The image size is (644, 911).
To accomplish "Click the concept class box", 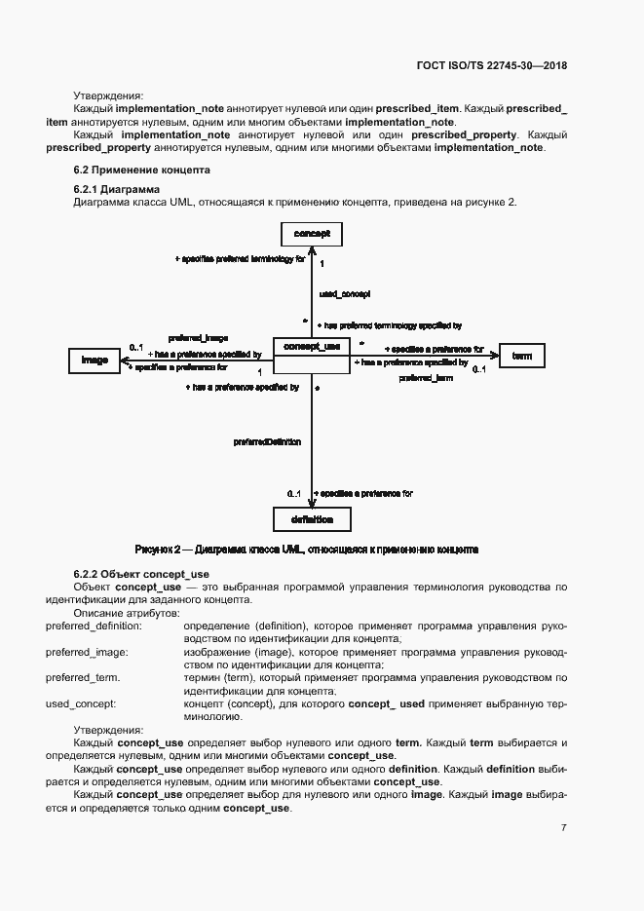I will coord(312,234).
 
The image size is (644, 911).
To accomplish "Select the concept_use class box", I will coord(312,357).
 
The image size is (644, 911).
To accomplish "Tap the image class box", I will coord(95,361).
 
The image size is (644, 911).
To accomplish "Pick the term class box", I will coord(521,357).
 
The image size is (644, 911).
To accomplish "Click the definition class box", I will coord(312,519).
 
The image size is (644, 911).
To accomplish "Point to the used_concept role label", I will coord(344,292).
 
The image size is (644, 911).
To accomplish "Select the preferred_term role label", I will coord(426,377).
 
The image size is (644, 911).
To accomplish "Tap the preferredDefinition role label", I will coord(267,441).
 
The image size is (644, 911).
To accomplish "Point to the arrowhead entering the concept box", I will coord(312,249).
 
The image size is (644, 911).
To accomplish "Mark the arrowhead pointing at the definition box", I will coord(312,503).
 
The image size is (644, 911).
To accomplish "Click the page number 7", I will coord(563,827).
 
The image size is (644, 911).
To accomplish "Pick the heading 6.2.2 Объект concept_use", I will coord(141,575).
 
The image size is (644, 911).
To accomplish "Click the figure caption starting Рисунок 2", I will coord(306,550).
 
